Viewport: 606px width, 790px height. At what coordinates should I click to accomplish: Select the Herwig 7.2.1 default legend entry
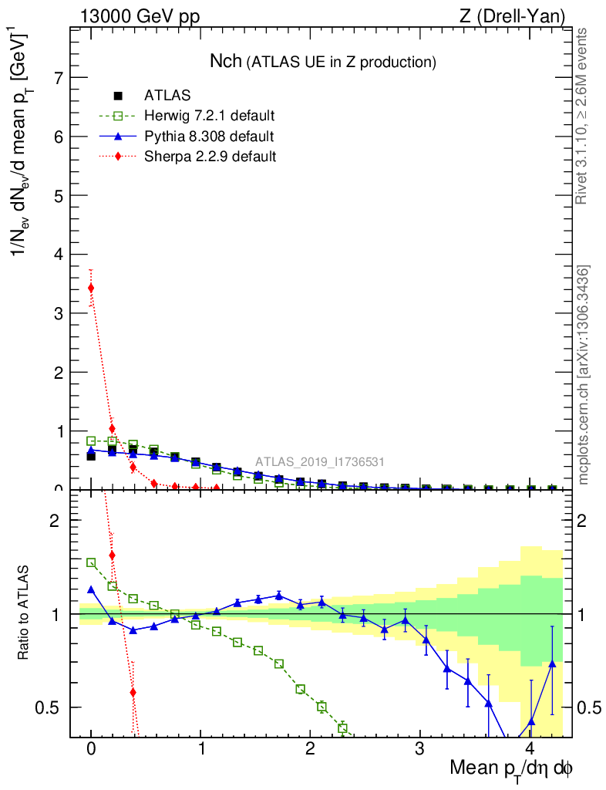click(x=209, y=116)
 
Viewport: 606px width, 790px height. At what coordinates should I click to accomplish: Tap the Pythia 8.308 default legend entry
click(x=209, y=136)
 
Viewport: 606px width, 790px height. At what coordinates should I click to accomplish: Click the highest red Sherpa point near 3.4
click(x=91, y=288)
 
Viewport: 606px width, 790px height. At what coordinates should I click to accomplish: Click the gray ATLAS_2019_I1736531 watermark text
click(x=320, y=462)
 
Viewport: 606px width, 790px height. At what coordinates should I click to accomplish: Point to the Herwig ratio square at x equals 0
click(x=91, y=562)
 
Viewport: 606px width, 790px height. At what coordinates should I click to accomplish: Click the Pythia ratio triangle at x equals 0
click(x=91, y=589)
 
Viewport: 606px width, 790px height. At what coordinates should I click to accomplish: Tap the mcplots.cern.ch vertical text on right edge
click(x=584, y=375)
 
